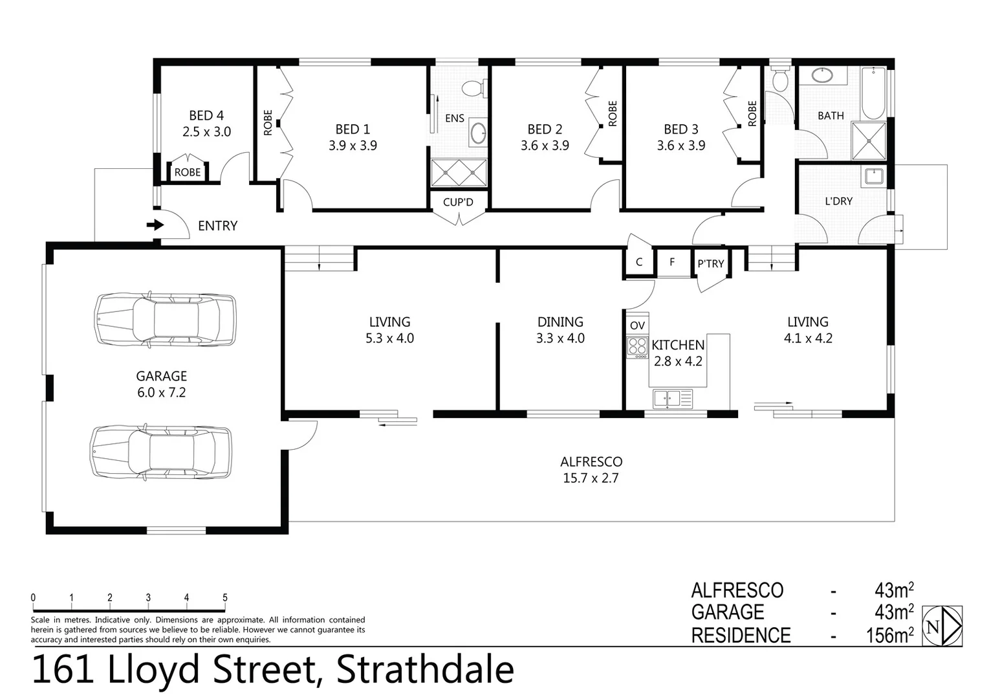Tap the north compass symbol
pos(942,626)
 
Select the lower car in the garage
pos(161,452)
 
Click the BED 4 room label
pos(206,116)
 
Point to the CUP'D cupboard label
pos(458,202)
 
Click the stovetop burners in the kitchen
pos(637,347)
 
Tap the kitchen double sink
pos(672,398)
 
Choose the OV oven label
pos(637,325)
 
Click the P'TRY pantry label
pos(710,263)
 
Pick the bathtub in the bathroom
pos(873,93)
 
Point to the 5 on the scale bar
pos(225,598)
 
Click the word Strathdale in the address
pos(425,671)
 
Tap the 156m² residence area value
pos(889,636)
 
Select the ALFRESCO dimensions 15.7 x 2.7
pos(591,478)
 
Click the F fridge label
pos(672,262)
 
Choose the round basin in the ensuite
pos(479,133)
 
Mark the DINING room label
pos(560,322)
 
